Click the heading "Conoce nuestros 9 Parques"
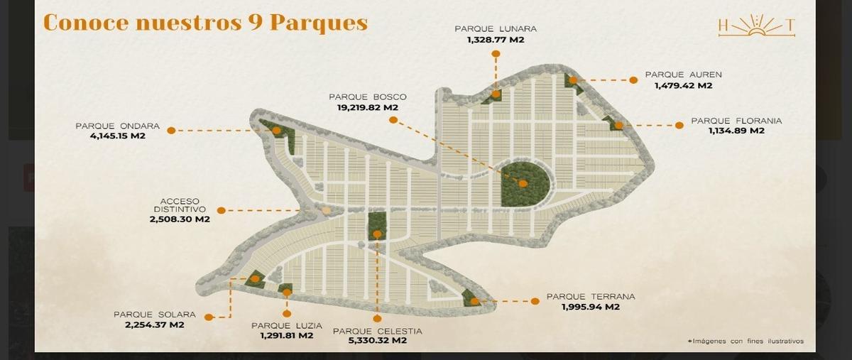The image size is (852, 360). [x=205, y=22]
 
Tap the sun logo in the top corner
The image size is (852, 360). [x=756, y=27]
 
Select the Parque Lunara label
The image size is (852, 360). [x=496, y=29]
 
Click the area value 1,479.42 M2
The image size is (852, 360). [x=683, y=86]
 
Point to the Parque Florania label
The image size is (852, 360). [x=736, y=121]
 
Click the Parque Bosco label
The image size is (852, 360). [x=367, y=97]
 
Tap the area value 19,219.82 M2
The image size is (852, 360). [x=367, y=108]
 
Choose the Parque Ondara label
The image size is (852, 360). [x=117, y=126]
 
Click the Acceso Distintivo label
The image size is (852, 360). [x=180, y=205]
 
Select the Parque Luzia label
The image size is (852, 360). [x=286, y=326]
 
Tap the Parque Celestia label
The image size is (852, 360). [x=377, y=331]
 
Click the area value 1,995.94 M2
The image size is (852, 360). [x=590, y=307]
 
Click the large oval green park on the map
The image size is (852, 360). [x=525, y=183]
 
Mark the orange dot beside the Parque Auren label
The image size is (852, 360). [x=631, y=80]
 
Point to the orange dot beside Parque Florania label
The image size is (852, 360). [x=679, y=125]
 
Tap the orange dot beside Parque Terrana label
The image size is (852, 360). [x=535, y=301]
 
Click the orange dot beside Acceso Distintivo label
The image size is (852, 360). [x=221, y=210]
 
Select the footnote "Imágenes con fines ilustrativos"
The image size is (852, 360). [x=745, y=342]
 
